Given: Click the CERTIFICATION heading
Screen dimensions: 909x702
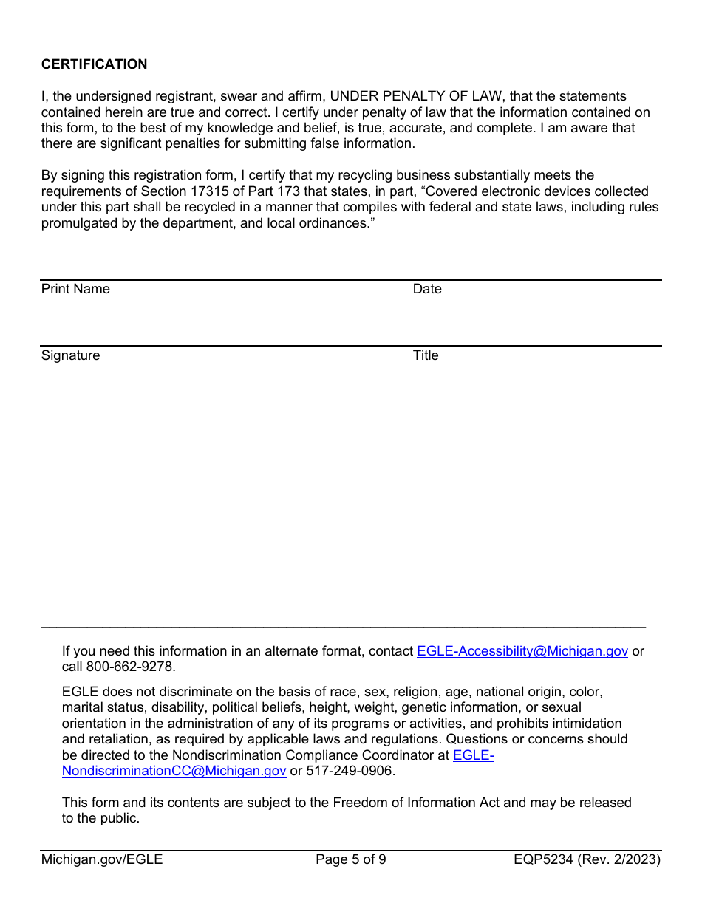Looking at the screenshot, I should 94,64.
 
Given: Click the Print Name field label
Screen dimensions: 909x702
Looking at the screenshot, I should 75,289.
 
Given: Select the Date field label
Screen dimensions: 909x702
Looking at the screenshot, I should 427,289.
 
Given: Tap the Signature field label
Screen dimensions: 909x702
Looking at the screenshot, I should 70,355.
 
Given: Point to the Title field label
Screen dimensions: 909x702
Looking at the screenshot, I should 426,355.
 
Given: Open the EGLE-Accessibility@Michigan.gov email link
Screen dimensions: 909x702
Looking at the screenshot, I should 522,651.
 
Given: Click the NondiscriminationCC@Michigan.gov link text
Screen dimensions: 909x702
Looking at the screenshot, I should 174,771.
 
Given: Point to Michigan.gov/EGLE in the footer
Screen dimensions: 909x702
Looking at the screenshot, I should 102,859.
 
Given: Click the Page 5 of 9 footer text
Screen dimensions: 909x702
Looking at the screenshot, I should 350,859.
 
